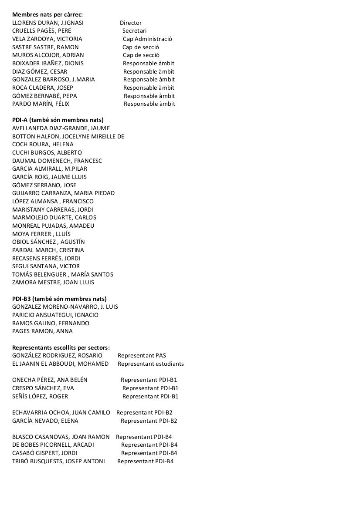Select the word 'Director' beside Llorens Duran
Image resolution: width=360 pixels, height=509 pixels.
pos(131,23)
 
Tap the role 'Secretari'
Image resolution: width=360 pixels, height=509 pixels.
pos(134,31)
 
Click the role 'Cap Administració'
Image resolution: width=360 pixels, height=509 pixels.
pos(147,39)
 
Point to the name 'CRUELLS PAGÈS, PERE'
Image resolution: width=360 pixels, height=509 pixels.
pos(41,31)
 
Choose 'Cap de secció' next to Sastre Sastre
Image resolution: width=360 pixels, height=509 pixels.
pos(141,47)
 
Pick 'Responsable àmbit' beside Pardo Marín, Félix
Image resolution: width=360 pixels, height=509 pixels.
pos(149,104)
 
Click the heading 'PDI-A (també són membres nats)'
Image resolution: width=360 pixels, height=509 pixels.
pos(58,120)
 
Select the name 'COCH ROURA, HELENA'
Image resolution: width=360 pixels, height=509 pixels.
pos(43,145)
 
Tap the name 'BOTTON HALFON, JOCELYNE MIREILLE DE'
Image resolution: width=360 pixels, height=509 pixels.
pos(68,136)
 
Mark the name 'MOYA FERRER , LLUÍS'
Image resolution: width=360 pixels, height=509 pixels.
pos(41,234)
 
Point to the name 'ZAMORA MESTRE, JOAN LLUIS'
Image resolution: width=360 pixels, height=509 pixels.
pos(53,283)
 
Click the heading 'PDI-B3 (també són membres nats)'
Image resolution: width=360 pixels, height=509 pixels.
pos(59,299)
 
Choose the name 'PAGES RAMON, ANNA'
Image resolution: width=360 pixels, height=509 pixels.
pos(42,331)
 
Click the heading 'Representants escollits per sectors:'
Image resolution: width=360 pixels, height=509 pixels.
pos(61,347)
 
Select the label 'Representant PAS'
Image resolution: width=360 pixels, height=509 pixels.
pos(142,356)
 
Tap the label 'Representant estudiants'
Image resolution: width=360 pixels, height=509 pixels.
pos(151,364)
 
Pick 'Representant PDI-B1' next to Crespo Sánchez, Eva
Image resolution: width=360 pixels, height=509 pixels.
pos(150,388)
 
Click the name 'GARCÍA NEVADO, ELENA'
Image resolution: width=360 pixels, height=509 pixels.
pos(45,421)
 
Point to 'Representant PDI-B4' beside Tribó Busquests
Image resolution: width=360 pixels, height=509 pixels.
pos(145,462)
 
